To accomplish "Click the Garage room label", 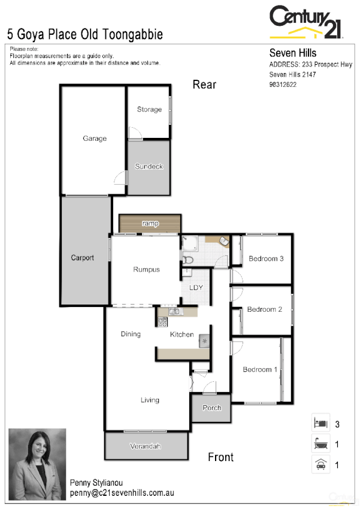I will click(95, 138).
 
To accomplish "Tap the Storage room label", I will click(149, 109).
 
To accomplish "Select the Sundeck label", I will click(149, 167).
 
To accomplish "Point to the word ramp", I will click(150, 224).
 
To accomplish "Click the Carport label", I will click(83, 258).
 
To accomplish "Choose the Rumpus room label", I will click(146, 270).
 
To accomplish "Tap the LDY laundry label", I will click(196, 287).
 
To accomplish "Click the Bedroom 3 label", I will click(266, 258).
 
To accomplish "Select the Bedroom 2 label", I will click(265, 309).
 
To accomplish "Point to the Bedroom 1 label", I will click(260, 370).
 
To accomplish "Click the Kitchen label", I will click(181, 335).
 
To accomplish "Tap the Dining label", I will click(131, 334).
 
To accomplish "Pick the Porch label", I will click(212, 408).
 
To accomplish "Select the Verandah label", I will click(146, 447).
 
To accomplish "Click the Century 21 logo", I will click(306, 22).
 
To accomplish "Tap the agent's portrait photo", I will click(37, 465).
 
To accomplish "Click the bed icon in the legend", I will click(320, 423).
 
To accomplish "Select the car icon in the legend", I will click(320, 464).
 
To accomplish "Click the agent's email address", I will click(122, 493).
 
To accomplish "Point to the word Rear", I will click(204, 85).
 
